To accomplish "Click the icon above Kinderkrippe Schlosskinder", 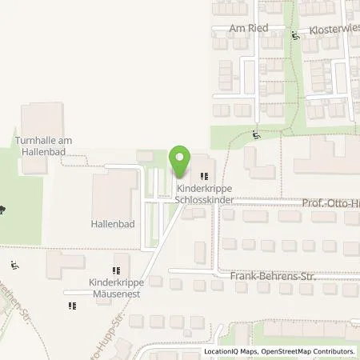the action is (202, 175).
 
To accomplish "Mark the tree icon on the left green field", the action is (5, 210).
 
